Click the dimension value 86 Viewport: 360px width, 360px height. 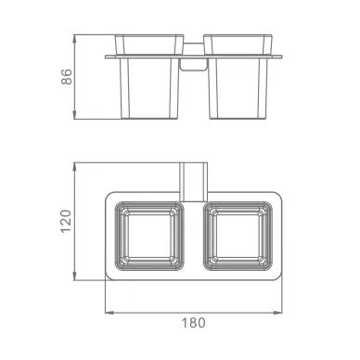coord(67,77)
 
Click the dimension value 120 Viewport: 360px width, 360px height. coord(66,222)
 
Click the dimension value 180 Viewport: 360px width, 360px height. coord(193,323)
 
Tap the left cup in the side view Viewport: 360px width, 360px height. coord(149,76)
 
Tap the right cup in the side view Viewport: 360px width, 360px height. coord(238,76)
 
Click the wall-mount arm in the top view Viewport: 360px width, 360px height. coord(193,182)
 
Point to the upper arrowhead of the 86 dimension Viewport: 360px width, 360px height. coord(74,38)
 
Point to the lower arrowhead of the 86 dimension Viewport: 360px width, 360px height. coord(74,115)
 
